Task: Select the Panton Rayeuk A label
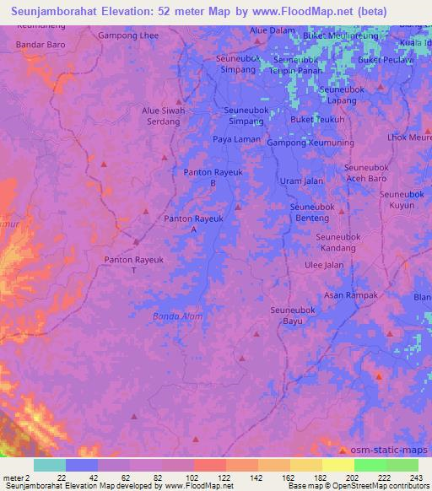pos(193,224)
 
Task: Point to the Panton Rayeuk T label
pos(133,265)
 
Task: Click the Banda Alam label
pos(177,316)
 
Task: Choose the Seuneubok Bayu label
pos(292,316)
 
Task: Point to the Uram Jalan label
pos(301,181)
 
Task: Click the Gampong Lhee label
pos(128,35)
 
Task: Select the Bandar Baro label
pos(40,43)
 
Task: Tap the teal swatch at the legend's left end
pos(50,465)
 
